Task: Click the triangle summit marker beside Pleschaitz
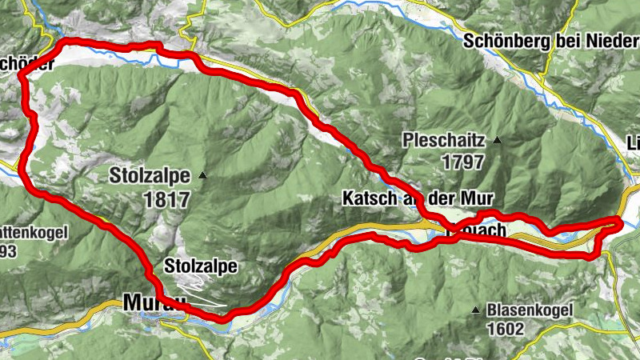click(x=498, y=141)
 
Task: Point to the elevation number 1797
click(x=462, y=162)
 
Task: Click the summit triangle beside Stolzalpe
click(x=203, y=175)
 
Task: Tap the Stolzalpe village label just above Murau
click(x=200, y=267)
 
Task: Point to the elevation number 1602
click(x=505, y=328)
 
